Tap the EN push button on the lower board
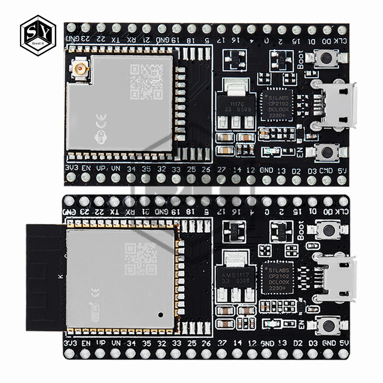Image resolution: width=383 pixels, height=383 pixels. tap(327, 326)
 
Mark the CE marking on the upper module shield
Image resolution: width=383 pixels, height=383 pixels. tap(101, 123)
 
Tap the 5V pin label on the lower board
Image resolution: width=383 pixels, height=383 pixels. tap(343, 343)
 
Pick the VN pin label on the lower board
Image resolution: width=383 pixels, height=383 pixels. tap(116, 343)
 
